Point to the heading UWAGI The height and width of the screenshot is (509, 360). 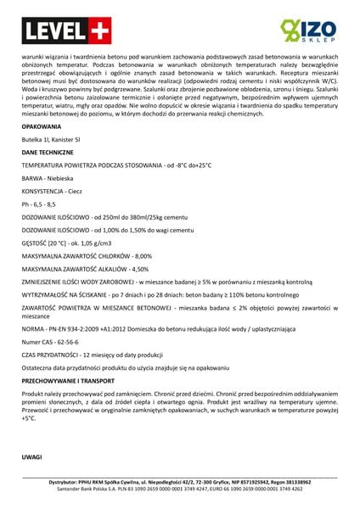point(31,457)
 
